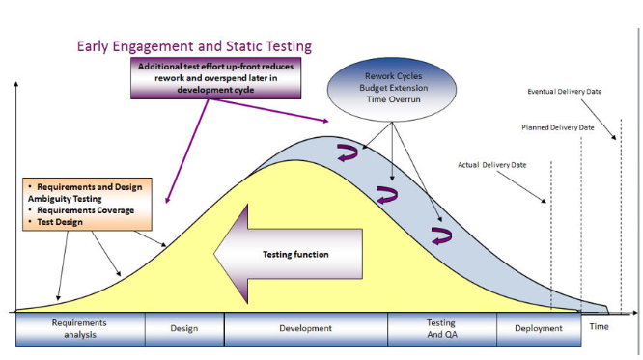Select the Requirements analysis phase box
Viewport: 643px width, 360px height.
click(80, 328)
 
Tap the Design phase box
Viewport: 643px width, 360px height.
click(183, 328)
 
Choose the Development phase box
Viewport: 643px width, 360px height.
click(305, 328)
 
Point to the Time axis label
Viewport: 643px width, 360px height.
click(600, 326)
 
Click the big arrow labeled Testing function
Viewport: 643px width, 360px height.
click(280, 254)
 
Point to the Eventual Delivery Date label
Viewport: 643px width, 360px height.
click(565, 92)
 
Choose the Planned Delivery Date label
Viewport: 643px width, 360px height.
click(558, 127)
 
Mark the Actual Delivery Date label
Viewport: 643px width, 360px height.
click(491, 165)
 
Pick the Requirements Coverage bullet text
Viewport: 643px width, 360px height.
click(81, 208)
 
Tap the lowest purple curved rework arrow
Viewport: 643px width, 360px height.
click(441, 236)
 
